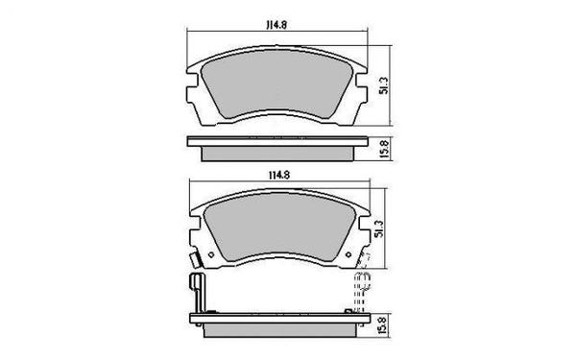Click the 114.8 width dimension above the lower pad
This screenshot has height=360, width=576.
278,175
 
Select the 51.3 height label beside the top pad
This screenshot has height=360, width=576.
382,85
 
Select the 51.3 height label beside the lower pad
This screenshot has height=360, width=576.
382,230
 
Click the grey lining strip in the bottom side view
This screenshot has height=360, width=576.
278,327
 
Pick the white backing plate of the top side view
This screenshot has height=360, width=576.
278,140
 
